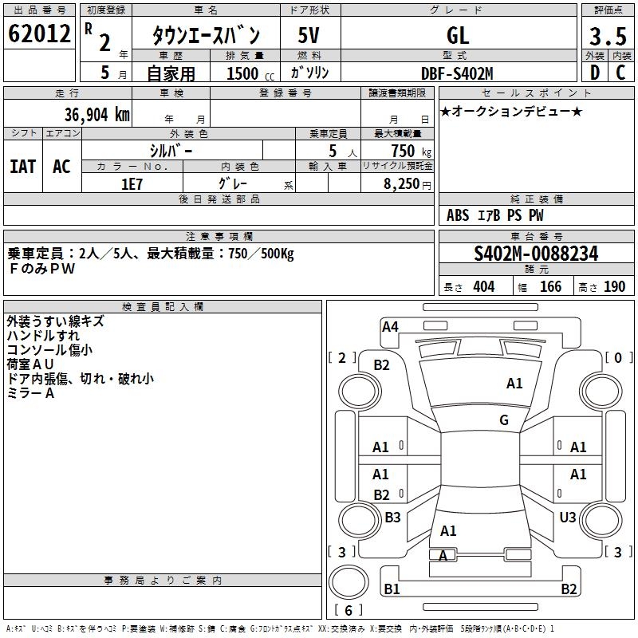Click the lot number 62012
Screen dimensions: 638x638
pos(38,34)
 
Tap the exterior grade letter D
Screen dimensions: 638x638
pos(594,72)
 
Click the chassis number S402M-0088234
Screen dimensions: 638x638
pos(536,254)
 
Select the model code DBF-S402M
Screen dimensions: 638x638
pos(457,73)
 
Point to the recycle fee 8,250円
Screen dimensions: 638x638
pos(407,183)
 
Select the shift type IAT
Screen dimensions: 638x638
pos(22,166)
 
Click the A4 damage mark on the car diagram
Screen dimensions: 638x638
pos(390,326)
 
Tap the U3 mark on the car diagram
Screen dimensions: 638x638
pos(568,518)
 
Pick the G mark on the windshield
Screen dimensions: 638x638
pos(504,420)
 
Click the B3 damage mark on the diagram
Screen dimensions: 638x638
pos(392,518)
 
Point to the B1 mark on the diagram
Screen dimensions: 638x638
pos(392,589)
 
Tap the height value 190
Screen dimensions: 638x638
pos(614,287)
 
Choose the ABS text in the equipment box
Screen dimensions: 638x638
pos(458,215)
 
